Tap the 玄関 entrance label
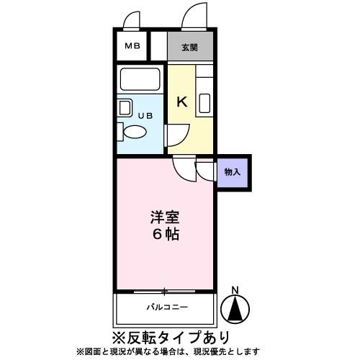(190, 48)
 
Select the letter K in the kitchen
(182, 102)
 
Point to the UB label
(145, 114)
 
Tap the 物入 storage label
(233, 172)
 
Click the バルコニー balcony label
(166, 307)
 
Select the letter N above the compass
(235, 291)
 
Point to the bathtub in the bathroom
(141, 78)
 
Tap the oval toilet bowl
(134, 132)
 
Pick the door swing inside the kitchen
(178, 134)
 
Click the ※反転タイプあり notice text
(171, 336)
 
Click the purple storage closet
(233, 172)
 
